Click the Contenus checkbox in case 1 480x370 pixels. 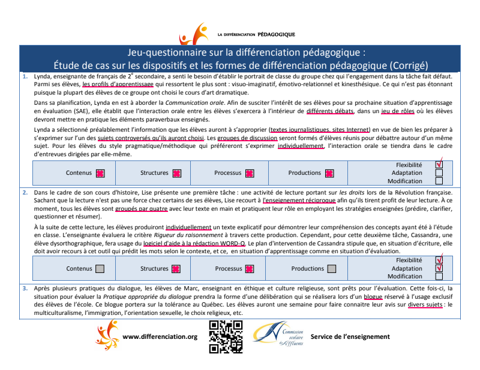[100, 173]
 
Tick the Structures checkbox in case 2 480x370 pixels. [176, 269]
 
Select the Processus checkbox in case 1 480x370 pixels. [250, 173]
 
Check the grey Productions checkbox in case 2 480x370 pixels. [332, 269]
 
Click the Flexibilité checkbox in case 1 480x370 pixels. [439, 165]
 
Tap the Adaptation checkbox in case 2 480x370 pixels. [439, 268]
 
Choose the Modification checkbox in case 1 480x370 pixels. [439, 181]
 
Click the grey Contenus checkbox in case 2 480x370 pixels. [100, 269]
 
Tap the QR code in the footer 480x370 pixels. [226, 336]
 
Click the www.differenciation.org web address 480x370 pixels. [160, 336]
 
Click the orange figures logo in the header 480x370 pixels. [194, 34]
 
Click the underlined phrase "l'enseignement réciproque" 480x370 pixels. [299, 201]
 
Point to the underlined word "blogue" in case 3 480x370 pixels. [372, 296]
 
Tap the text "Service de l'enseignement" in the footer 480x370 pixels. [350, 336]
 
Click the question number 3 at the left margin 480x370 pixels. [25, 288]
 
